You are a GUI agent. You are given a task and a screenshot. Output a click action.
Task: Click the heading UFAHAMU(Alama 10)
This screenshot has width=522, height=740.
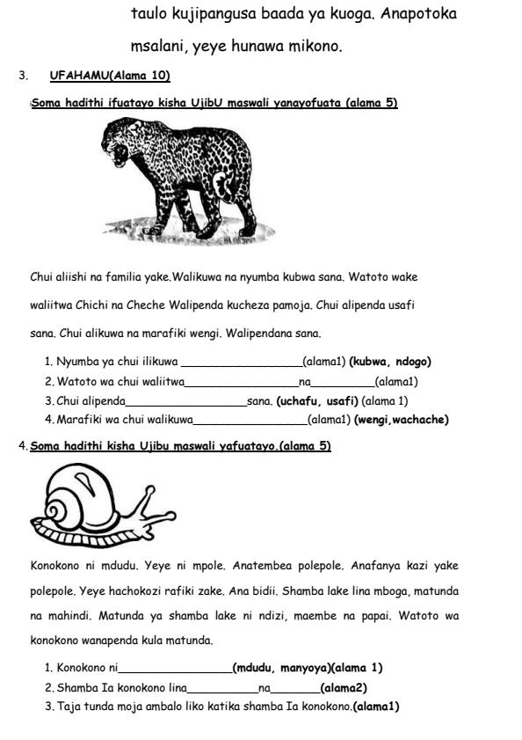(x=110, y=76)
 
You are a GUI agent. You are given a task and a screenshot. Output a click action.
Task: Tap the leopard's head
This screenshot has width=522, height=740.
(x=122, y=144)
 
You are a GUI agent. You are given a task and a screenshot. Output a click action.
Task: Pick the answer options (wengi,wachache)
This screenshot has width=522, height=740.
(x=402, y=420)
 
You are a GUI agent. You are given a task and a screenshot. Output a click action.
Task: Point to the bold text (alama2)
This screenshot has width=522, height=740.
(x=344, y=687)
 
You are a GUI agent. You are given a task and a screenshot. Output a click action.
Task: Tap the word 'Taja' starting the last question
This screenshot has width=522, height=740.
(x=68, y=707)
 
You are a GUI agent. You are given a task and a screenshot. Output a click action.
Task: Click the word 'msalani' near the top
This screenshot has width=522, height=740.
(x=156, y=46)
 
